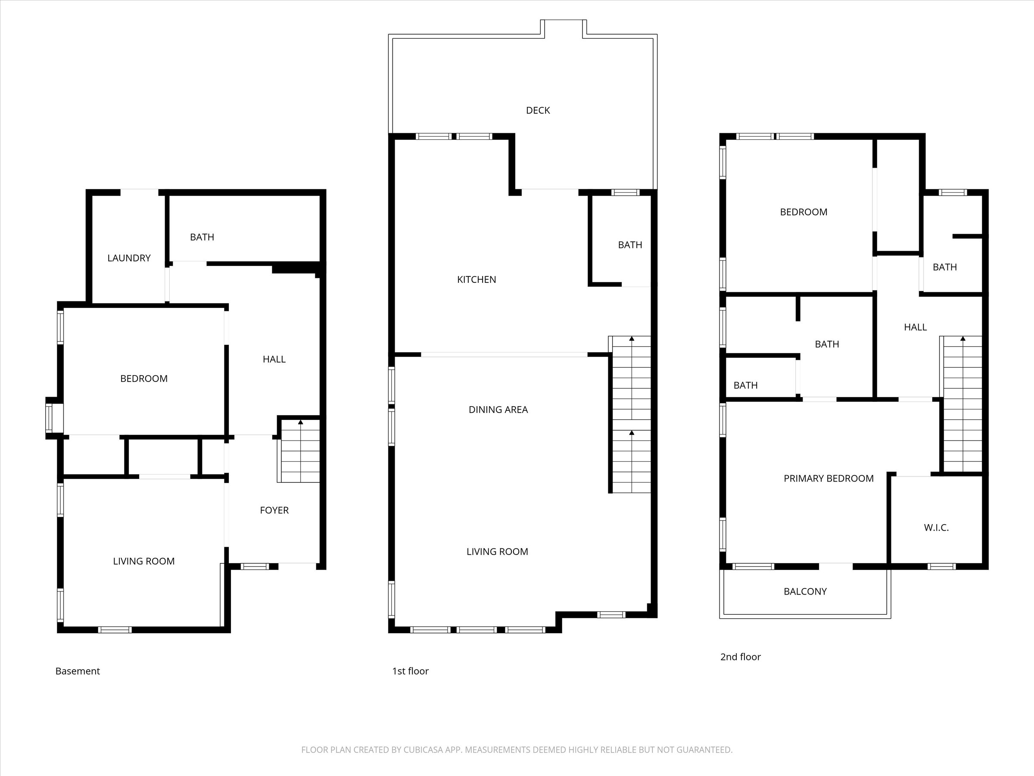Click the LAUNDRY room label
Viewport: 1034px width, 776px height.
point(129,258)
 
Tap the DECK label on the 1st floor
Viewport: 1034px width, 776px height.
point(538,110)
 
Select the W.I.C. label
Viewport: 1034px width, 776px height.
point(936,528)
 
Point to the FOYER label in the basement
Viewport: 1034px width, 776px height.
point(274,510)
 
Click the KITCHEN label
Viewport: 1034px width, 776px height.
point(477,280)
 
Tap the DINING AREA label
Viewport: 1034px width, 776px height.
point(498,410)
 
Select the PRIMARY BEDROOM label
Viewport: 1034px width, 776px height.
point(828,479)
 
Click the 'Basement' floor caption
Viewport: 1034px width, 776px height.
point(78,671)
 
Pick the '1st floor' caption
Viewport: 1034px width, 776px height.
point(410,671)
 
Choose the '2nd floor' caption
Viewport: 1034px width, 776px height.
point(741,657)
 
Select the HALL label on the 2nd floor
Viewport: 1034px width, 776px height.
point(915,327)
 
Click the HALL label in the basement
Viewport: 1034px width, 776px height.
point(274,359)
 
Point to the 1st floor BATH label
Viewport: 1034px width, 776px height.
point(629,245)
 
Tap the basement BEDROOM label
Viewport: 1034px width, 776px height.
point(143,379)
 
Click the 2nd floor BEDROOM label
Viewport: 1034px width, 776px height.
point(803,213)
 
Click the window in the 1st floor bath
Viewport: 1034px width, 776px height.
point(626,192)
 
